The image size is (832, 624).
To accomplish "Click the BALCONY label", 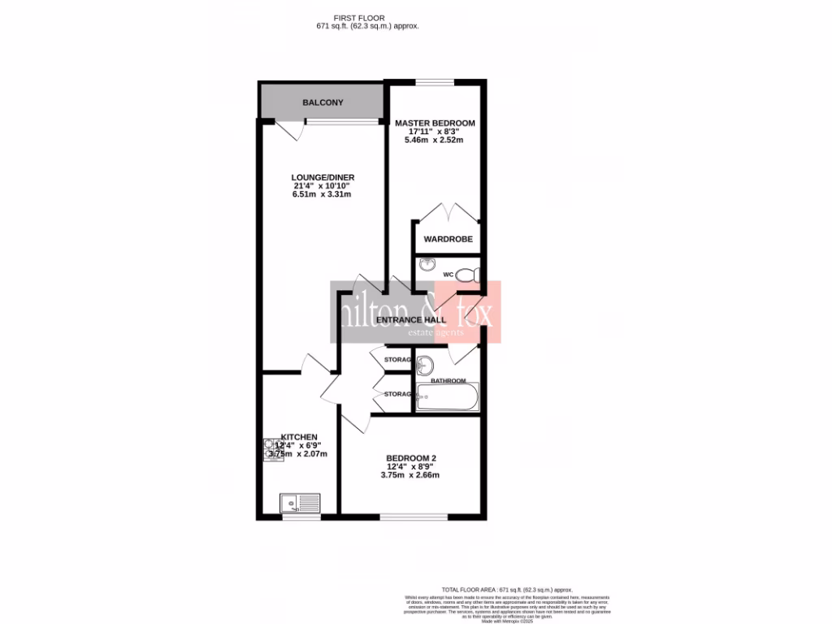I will click(323, 103).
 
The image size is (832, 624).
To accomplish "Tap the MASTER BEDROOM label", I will click(435, 123).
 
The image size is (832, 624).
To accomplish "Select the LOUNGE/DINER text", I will click(323, 177).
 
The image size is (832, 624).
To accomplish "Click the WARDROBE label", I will click(448, 240).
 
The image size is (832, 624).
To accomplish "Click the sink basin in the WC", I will click(427, 264).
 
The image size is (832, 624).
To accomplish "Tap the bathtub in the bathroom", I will click(447, 399).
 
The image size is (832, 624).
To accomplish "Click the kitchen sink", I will click(300, 503).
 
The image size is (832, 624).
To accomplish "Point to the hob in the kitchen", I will click(271, 449).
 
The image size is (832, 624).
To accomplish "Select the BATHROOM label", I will click(448, 381).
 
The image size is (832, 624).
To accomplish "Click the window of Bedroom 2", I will click(413, 516).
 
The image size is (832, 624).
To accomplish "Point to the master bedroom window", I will click(435, 81).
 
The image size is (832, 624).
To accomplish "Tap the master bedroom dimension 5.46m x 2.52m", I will click(435, 140).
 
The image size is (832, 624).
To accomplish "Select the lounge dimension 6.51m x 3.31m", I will click(323, 194).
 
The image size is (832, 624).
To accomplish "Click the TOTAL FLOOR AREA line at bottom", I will click(506, 589).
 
